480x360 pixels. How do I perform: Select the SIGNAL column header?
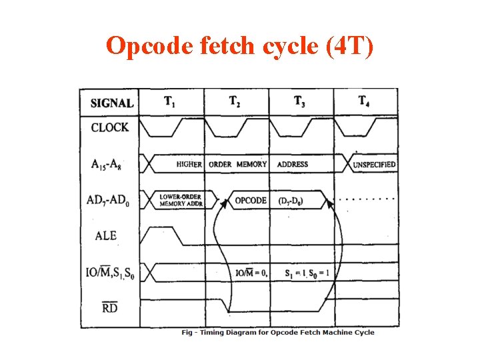click(111, 103)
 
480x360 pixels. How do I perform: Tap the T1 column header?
click(171, 102)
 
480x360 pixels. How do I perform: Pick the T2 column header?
click(235, 102)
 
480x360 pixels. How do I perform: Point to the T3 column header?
click(299, 102)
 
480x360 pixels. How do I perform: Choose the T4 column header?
click(364, 102)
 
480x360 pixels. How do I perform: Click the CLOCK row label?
click(110, 127)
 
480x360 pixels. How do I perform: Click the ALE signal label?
click(106, 235)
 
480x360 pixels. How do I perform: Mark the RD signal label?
click(110, 307)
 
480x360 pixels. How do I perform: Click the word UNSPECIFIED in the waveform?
click(373, 164)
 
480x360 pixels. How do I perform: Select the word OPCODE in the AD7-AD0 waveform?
click(251, 200)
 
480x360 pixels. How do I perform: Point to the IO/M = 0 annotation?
click(251, 273)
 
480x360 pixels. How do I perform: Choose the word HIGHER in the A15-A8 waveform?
click(189, 164)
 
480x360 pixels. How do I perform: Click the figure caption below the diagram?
click(278, 333)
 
